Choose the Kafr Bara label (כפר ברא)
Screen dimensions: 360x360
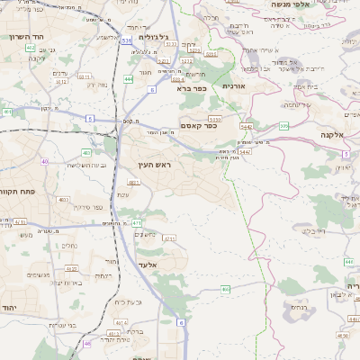193,88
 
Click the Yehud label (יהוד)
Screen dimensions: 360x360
10,308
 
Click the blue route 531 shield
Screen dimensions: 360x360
126,40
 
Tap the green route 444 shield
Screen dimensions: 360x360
129,79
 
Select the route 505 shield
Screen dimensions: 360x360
283,126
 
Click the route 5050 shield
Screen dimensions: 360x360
215,118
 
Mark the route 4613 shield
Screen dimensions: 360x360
113,332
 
